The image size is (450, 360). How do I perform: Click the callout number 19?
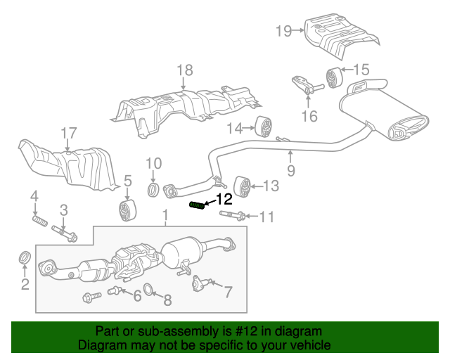283,30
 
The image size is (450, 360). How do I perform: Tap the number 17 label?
67,133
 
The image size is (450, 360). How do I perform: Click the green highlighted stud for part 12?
198,205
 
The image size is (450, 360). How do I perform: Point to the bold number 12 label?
224,199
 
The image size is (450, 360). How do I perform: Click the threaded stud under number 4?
39,222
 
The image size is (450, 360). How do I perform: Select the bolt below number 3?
67,233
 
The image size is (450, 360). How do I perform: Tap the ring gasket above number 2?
23,258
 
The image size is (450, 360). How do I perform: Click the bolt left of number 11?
233,214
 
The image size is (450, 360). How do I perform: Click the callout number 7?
229,290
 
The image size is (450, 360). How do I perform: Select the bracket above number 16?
304,85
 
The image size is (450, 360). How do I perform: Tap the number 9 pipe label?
290,171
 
